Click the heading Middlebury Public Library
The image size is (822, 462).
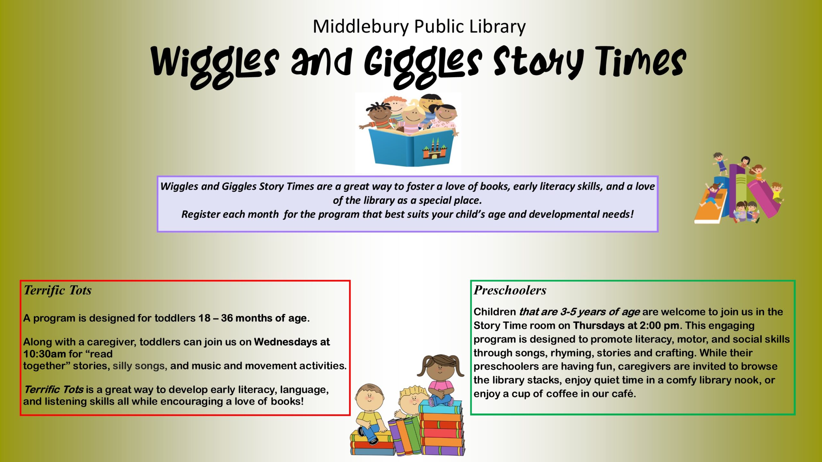click(419, 27)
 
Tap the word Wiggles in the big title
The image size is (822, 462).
click(215, 66)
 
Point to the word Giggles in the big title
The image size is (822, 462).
click(423, 66)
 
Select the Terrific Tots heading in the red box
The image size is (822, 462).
click(57, 290)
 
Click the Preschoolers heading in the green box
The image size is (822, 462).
click(510, 290)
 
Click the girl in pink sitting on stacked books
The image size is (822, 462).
click(441, 381)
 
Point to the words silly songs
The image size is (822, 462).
click(139, 366)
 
